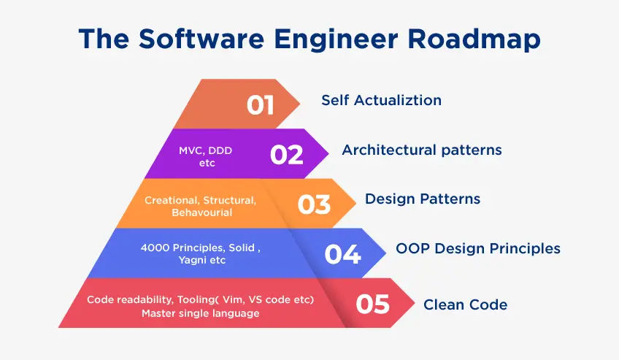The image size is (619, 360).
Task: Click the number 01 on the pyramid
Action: (x=260, y=105)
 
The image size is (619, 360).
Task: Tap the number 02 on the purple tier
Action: (x=287, y=155)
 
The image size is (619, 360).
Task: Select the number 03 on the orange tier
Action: (x=314, y=204)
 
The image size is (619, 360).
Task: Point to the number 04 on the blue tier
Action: (x=342, y=254)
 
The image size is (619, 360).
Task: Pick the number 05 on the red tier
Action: (x=373, y=304)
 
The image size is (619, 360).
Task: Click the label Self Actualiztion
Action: (x=381, y=100)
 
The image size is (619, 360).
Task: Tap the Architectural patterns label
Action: (x=422, y=150)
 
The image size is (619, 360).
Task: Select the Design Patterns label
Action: (x=423, y=199)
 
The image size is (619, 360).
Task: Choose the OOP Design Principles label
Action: (x=478, y=249)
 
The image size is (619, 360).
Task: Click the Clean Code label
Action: (x=466, y=305)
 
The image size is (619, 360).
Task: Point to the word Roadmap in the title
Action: (x=474, y=39)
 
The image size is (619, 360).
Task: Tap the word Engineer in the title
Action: (x=337, y=39)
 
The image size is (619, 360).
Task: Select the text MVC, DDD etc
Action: (x=205, y=157)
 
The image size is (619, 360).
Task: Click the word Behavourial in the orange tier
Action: (x=201, y=212)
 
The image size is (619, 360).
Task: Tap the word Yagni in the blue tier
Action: (x=191, y=261)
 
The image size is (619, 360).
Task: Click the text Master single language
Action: (x=201, y=313)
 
